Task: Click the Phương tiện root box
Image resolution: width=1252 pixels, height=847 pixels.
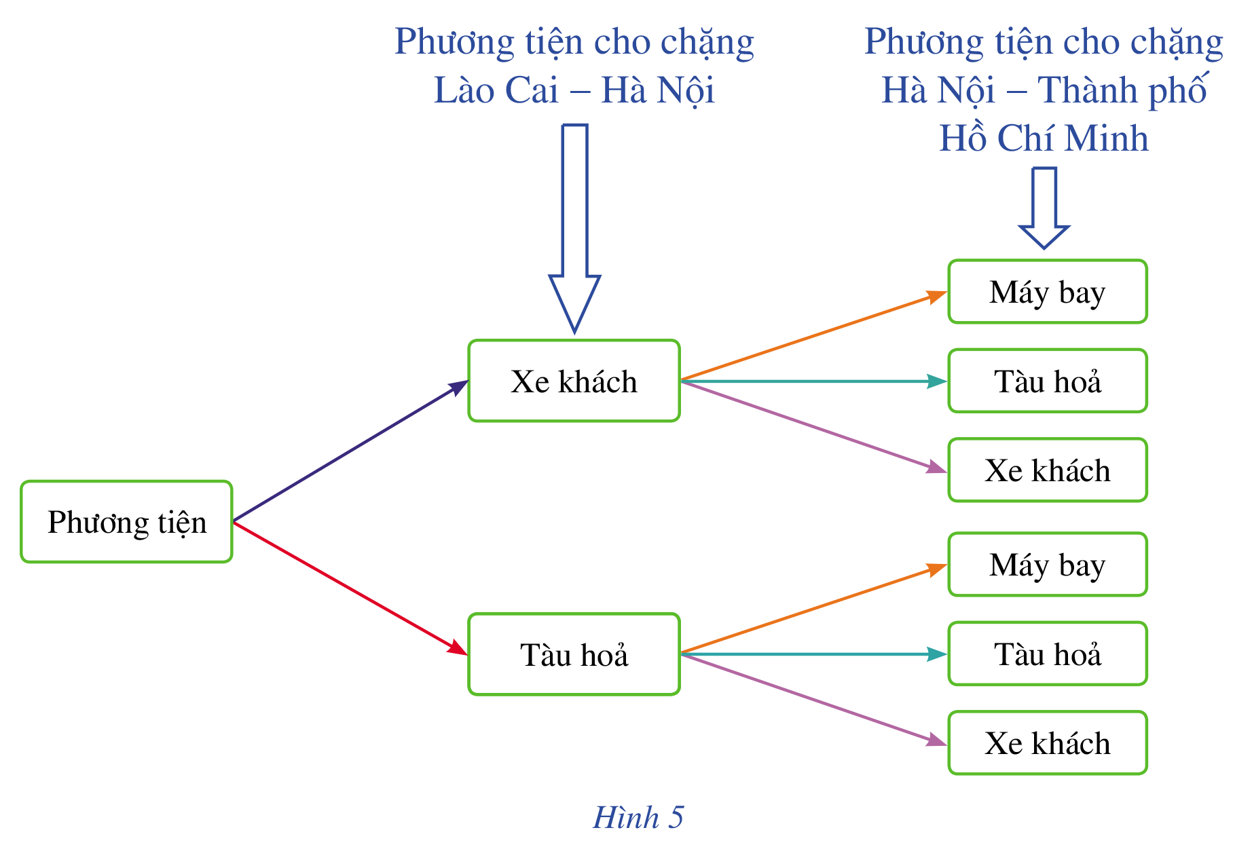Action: point(126,522)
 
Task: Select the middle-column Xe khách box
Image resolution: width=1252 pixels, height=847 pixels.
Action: point(574,381)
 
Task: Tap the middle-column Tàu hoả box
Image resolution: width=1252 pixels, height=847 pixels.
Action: point(574,654)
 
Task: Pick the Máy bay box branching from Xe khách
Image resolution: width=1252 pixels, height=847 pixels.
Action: point(1047,292)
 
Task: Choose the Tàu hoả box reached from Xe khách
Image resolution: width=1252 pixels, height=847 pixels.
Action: point(1047,381)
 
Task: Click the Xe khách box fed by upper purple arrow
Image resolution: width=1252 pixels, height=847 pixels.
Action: point(1047,470)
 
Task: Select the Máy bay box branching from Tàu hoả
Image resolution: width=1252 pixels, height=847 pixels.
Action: point(1047,565)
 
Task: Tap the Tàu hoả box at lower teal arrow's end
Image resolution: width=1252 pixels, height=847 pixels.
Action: point(1047,654)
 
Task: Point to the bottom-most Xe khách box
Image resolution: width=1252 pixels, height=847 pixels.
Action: point(1047,743)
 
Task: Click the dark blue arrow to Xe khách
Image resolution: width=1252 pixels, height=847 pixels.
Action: point(350,451)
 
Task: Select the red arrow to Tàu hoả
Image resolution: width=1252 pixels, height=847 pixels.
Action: point(350,588)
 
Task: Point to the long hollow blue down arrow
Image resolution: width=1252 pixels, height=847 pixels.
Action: point(574,224)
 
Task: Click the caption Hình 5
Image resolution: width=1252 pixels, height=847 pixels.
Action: point(638,817)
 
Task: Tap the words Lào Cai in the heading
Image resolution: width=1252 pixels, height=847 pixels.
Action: point(496,90)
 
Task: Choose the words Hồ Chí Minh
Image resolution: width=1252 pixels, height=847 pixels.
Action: point(1044,138)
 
